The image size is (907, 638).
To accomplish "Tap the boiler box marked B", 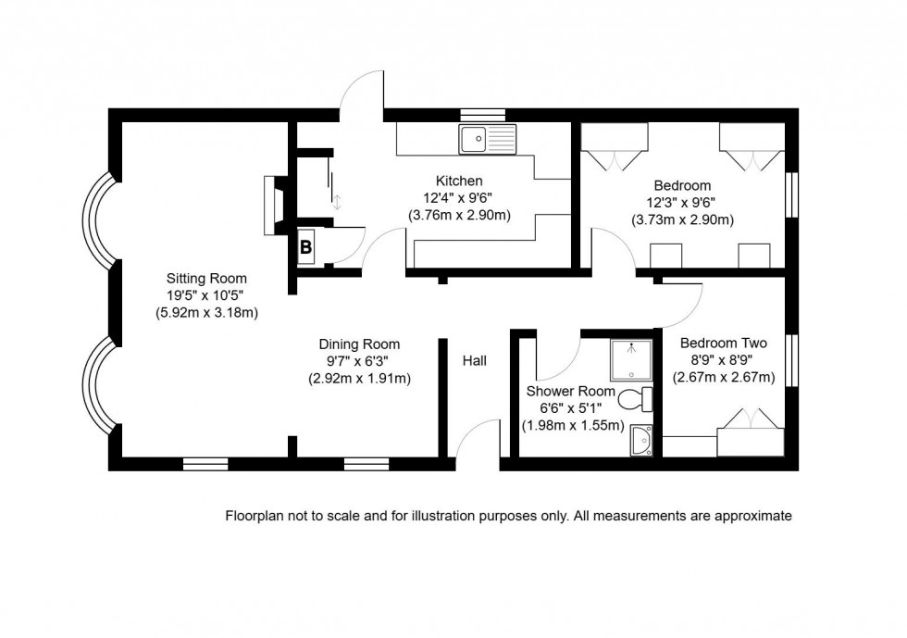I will (304, 246).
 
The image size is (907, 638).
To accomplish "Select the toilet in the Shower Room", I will (634, 400).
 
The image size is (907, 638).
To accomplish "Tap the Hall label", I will (474, 361).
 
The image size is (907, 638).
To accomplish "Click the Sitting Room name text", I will (206, 278).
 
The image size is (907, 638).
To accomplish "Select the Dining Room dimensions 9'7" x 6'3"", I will (359, 361).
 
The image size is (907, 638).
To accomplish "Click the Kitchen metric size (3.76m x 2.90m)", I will (459, 215).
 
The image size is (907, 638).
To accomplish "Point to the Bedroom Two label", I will (710, 344).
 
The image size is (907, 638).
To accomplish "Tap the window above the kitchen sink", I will (483, 115).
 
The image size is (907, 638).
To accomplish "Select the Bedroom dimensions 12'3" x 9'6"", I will (682, 203).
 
